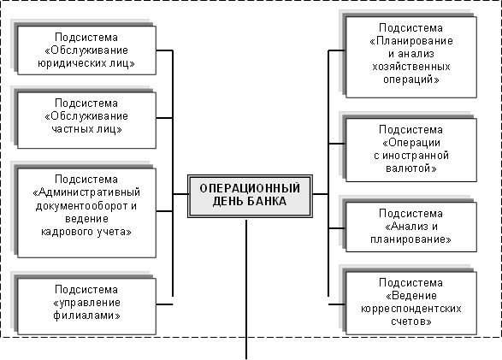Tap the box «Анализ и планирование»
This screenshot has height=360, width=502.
click(x=410, y=226)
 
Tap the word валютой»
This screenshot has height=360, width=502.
click(x=410, y=168)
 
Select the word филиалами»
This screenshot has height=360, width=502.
click(x=86, y=315)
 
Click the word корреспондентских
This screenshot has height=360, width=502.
click(x=411, y=309)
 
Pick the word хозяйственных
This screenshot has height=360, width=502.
click(x=411, y=66)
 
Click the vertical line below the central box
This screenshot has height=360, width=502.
click(x=247, y=282)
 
